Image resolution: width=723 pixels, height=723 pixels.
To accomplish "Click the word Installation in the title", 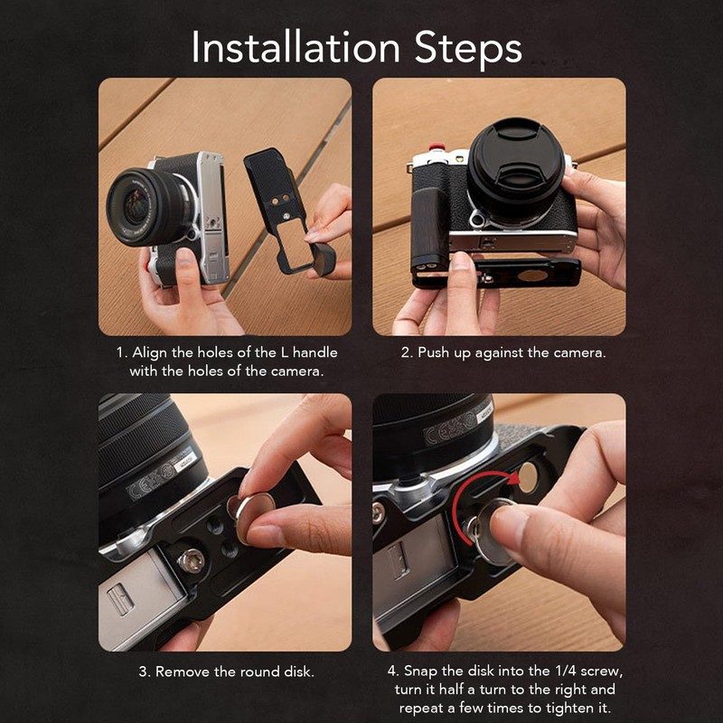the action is tap(296, 47).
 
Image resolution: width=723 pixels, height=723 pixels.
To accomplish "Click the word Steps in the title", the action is tap(467, 49).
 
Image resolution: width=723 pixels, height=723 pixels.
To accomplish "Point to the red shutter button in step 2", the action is tap(436, 147).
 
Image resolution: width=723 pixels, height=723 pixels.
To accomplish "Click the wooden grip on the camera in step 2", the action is tap(431, 228).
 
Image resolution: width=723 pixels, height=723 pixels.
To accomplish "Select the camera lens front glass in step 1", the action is tap(137, 206).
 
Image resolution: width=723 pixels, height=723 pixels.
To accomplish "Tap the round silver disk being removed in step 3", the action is tap(254, 516).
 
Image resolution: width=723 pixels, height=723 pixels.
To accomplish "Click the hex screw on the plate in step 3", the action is tap(191, 561).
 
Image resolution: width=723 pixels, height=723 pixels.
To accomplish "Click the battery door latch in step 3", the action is tap(121, 599).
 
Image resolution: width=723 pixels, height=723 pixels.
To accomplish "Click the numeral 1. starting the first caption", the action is tap(121, 352).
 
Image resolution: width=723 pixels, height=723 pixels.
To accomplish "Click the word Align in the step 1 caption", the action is tap(149, 353).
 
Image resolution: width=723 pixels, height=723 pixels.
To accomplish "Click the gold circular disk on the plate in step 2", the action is tap(532, 276).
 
